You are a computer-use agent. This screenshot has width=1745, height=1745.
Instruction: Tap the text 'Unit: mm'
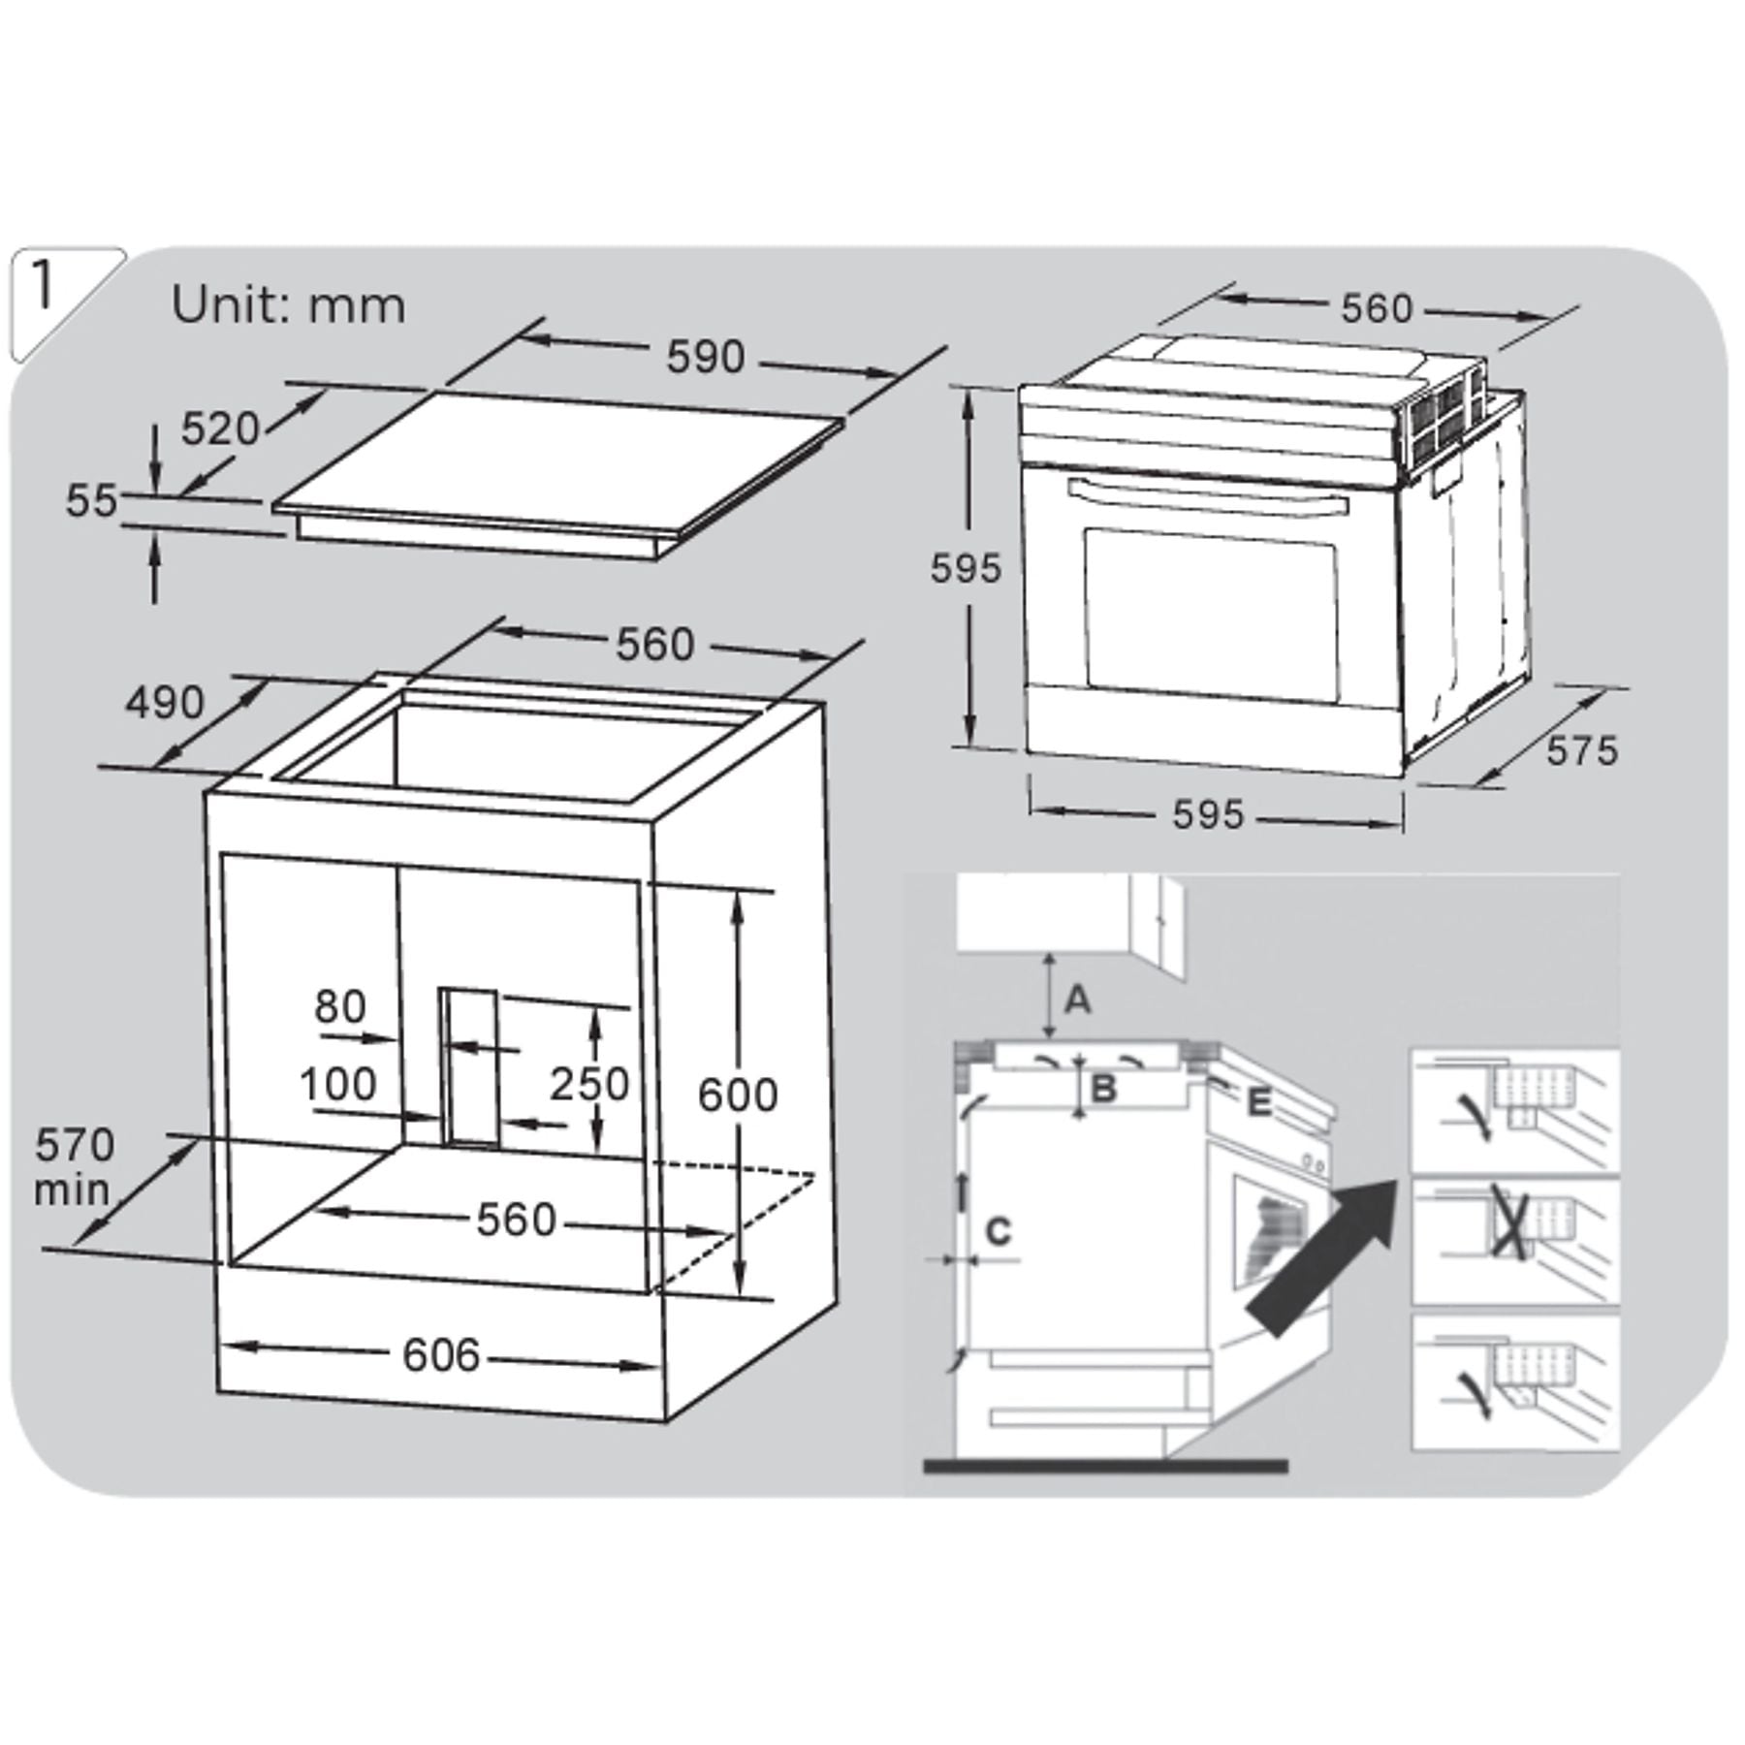tap(288, 305)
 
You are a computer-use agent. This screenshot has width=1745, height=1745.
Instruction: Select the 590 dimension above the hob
tap(705, 358)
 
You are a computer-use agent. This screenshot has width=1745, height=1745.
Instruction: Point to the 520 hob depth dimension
tap(221, 428)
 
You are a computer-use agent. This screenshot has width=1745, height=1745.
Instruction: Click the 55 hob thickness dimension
tap(91, 500)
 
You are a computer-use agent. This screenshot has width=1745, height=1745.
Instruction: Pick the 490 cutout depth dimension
tap(165, 703)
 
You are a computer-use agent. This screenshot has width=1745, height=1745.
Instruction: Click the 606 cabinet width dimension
tap(441, 1354)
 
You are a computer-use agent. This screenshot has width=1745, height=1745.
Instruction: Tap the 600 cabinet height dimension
tap(738, 1095)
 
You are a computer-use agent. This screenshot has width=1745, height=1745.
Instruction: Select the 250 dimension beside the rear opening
tap(589, 1083)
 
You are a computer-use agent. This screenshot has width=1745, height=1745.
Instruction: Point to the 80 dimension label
tap(339, 1007)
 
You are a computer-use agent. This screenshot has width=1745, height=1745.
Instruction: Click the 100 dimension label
tap(337, 1083)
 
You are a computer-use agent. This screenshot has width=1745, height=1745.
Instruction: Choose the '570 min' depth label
tap(74, 1167)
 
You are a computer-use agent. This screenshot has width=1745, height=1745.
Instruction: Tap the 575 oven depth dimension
tap(1581, 750)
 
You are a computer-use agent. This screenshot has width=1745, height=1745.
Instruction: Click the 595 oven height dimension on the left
tap(965, 568)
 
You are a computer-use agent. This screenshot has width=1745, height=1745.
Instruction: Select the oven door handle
tap(1208, 496)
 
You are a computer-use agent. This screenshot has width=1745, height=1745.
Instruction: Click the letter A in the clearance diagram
tap(1077, 998)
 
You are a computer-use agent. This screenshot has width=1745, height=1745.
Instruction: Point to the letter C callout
tap(998, 1230)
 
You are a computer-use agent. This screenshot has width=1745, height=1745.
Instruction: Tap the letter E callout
tap(1258, 1101)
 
